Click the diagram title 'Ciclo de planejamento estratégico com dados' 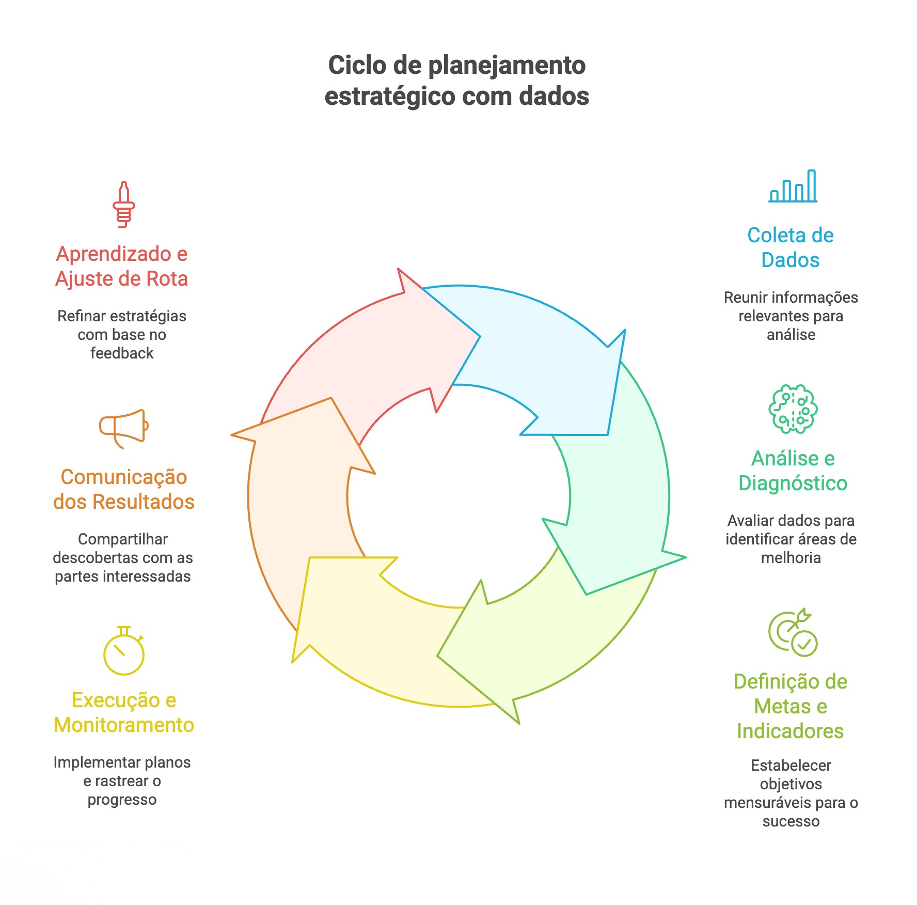[457, 81]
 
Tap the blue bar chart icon [793, 186]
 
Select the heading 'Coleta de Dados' [790, 247]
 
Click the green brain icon [793, 409]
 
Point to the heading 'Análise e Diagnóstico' [793, 471]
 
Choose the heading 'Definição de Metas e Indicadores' [790, 706]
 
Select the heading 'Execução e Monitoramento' [124, 712]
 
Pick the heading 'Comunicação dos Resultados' [124, 489]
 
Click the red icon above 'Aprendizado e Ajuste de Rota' [124, 205]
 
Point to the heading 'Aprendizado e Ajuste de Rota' [122, 266]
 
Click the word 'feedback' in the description [122, 353]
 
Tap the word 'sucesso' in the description [790, 821]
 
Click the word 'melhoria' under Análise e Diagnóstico [790, 558]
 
